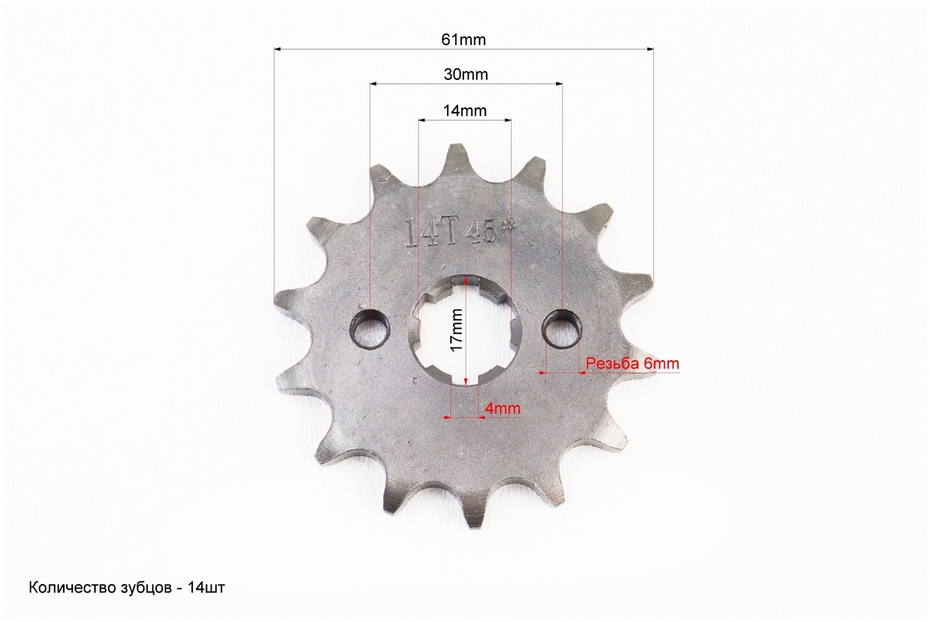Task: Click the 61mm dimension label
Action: click(x=463, y=40)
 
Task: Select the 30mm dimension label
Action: click(x=466, y=75)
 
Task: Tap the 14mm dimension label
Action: click(x=464, y=111)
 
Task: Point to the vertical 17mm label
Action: click(x=456, y=330)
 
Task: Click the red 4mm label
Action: click(x=503, y=408)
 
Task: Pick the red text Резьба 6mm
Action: click(x=633, y=363)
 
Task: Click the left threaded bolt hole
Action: click(x=370, y=328)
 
